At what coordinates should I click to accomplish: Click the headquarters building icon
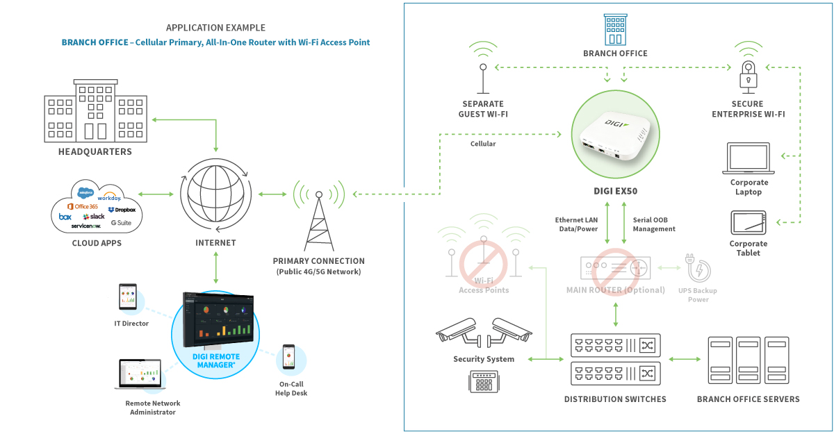[x=95, y=111]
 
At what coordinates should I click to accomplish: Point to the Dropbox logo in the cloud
[x=122, y=209]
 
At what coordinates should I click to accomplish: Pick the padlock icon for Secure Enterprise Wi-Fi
[x=749, y=74]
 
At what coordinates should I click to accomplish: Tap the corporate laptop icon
[x=749, y=159]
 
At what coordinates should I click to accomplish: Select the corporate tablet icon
[x=749, y=224]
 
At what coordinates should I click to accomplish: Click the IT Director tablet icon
[x=129, y=299]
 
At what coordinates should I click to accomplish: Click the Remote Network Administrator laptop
[x=139, y=375]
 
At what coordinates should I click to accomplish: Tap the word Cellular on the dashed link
[x=483, y=144]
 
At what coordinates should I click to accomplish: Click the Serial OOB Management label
[x=654, y=224]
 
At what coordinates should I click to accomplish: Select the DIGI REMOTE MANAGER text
[x=215, y=360]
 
